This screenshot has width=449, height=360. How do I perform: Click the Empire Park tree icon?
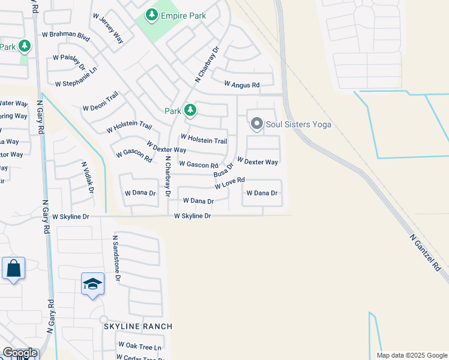152,14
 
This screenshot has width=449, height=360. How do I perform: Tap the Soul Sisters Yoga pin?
257,124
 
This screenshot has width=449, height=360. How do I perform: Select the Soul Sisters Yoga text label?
299,125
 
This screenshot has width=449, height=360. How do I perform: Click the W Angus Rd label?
242,86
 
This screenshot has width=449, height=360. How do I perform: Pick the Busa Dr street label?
223,169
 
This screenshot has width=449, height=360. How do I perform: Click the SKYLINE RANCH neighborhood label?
138,326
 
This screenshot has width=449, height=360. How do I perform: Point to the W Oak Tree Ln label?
140,346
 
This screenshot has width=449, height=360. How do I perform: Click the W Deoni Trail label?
100,103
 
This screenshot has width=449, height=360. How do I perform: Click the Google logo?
20,353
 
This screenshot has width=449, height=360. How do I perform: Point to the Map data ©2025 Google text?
411,355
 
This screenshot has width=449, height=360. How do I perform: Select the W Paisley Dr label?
69,62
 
